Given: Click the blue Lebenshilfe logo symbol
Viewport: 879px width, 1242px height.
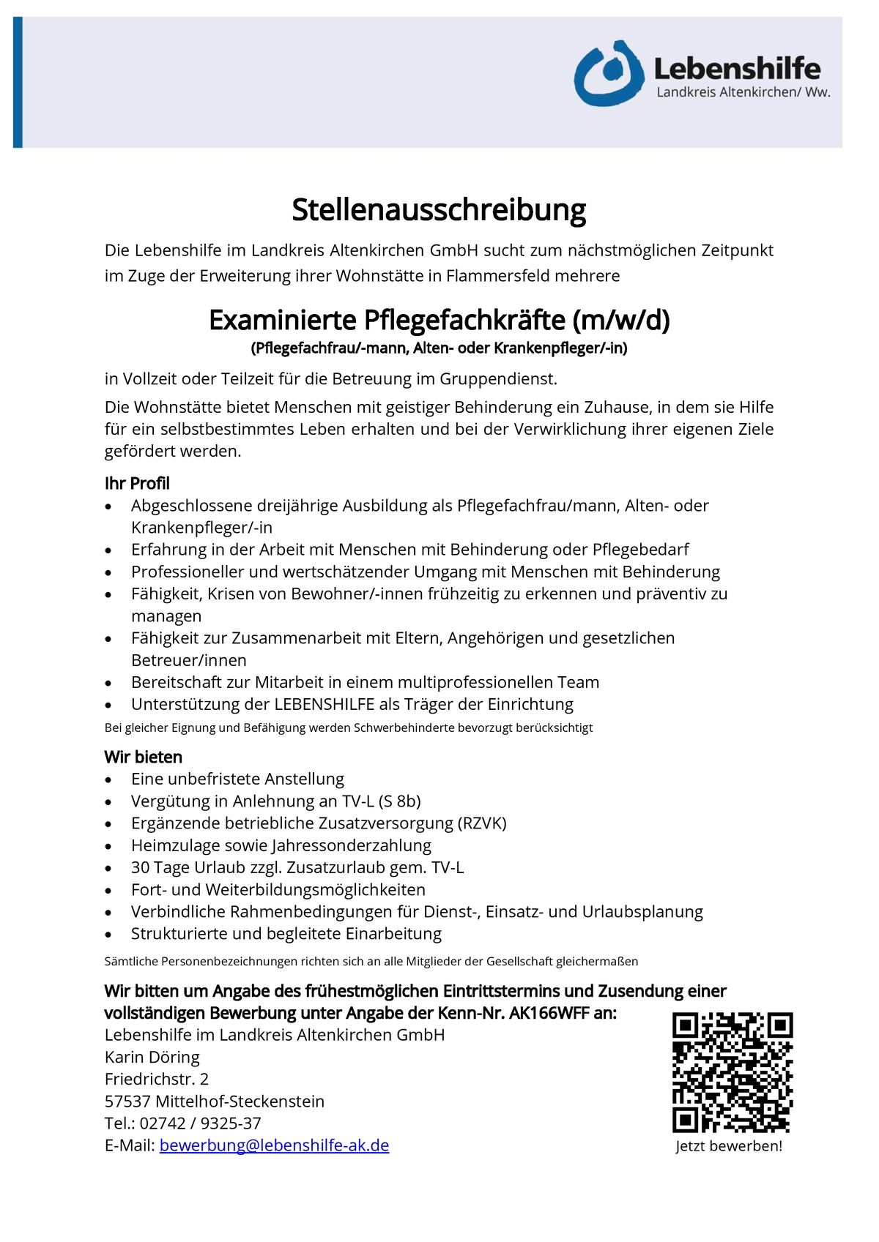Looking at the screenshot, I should point(609,74).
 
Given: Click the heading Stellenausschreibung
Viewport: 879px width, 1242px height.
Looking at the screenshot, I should point(439,210).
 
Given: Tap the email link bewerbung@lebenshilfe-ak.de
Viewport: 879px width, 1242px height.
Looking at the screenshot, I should point(274,1145).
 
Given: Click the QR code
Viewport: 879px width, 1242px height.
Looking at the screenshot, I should point(732,1072).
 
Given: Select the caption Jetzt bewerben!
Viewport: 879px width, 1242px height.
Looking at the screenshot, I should point(729,1146).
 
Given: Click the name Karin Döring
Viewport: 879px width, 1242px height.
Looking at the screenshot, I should point(152,1057).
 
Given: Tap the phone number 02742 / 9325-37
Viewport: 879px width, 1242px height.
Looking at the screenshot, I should point(200,1123).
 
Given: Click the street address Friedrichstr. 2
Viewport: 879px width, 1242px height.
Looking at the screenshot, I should point(157,1079).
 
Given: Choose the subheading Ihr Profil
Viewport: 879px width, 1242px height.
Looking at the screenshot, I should point(137,483).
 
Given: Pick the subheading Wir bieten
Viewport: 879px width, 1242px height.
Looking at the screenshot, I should point(144,757).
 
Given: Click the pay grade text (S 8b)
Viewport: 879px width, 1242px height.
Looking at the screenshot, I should point(399,801).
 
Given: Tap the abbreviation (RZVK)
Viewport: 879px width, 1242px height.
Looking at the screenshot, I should point(481,823).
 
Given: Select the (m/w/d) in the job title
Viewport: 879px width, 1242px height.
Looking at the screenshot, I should point(621,321).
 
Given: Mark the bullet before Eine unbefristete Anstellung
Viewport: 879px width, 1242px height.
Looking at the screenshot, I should point(108,780).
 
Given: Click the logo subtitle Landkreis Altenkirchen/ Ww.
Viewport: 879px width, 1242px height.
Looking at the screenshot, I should point(743,92).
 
